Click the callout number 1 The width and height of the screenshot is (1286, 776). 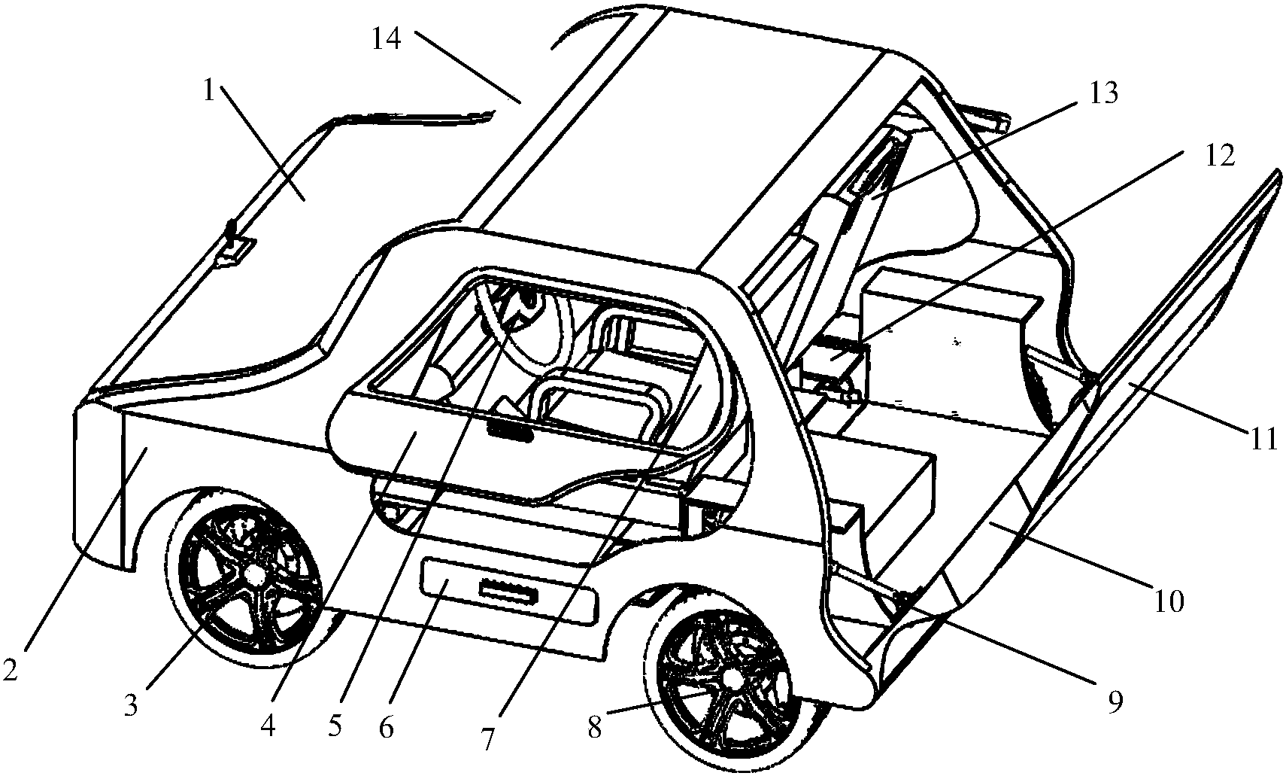pos(208,92)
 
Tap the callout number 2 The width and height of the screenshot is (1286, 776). pos(10,670)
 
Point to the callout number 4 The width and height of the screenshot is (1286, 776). pos(268,727)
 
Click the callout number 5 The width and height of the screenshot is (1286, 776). pos(335,726)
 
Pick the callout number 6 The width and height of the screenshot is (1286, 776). pos(387,728)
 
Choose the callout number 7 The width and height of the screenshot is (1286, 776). pos(488,739)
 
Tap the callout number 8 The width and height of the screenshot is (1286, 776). pos(594,728)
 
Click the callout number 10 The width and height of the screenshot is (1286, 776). pos(1169,602)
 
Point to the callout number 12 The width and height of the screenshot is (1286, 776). pos(1219,156)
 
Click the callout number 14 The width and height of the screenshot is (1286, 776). pos(386,39)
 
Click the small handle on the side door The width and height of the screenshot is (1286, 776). pos(509,431)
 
